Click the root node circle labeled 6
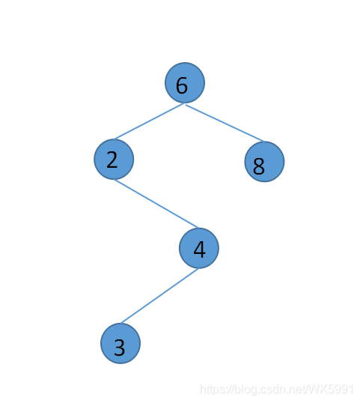tap(185, 82)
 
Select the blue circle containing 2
tap(114, 159)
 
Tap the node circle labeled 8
tap(264, 162)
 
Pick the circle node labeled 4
tap(199, 248)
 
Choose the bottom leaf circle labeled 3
tap(120, 343)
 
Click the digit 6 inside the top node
tap(182, 85)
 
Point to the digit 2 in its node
tap(112, 160)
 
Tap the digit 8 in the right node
tap(259, 166)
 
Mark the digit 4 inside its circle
tap(200, 249)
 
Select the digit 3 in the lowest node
tap(120, 348)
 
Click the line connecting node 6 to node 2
tap(149, 121)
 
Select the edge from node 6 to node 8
tap(225, 123)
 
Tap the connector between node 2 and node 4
tap(156, 204)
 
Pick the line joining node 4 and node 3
tap(159, 296)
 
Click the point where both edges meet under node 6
tap(185, 103)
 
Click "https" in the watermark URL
tap(213, 389)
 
